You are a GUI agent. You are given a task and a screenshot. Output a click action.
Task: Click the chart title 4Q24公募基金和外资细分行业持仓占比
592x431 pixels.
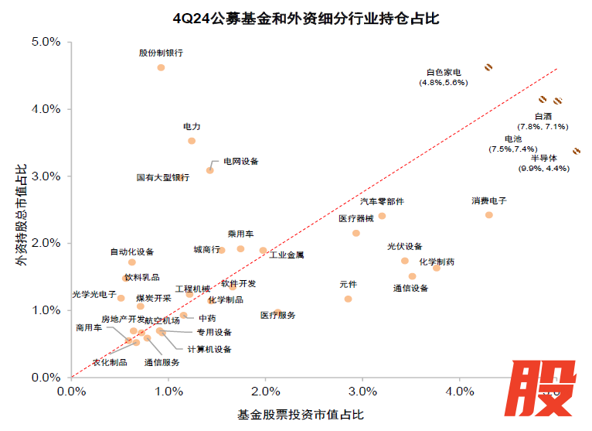(296, 18)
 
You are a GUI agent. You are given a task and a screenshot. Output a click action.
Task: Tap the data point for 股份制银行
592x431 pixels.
(161, 67)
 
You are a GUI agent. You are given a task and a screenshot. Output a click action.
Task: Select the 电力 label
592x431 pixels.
(192, 125)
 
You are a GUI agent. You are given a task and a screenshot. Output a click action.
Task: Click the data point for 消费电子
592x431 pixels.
(488, 214)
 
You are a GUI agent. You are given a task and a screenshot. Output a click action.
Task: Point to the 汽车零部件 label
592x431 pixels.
(382, 201)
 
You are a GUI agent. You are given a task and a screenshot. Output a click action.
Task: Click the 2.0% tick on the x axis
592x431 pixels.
(265, 392)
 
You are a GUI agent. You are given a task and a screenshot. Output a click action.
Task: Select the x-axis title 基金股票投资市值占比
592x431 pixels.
(296, 414)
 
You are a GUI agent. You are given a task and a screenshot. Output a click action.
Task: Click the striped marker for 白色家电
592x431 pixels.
(488, 67)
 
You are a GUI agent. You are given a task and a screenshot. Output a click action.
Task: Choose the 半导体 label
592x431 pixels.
(543, 158)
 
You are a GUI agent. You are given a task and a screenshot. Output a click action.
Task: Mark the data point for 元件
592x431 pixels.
(348, 299)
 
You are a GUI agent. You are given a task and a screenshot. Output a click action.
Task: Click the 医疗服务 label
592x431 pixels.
(278, 316)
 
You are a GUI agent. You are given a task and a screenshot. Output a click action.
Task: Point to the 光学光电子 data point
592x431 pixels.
(121, 298)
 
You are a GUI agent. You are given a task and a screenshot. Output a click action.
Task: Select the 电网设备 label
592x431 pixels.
(241, 161)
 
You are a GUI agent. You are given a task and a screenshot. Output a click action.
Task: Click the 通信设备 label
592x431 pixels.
(410, 289)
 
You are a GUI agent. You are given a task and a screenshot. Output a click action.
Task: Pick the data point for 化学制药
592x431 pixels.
(436, 268)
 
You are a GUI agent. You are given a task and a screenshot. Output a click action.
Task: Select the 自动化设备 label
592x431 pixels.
(132, 251)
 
